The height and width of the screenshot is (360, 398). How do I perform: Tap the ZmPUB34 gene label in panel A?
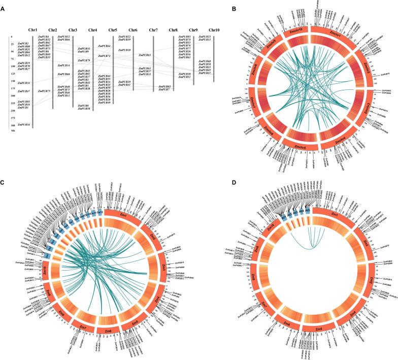tap(23, 83)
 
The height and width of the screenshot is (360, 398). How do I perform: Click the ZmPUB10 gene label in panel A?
tap(124, 50)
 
